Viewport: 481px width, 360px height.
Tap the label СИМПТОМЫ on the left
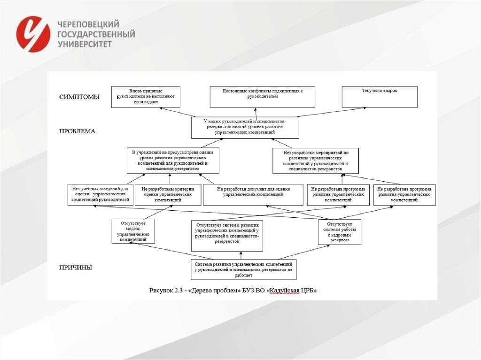click(x=79, y=97)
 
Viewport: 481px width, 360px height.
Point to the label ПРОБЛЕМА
click(x=77, y=131)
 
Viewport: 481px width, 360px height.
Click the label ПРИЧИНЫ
click(x=75, y=268)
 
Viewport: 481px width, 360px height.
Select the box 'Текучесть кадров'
click(x=379, y=97)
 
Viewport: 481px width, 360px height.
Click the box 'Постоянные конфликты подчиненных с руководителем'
click(x=263, y=97)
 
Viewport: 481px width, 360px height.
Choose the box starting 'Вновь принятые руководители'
click(x=146, y=97)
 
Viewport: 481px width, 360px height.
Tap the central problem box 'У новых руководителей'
click(x=245, y=127)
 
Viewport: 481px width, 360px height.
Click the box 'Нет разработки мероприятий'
click(x=316, y=160)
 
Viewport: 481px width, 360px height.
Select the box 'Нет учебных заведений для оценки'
click(x=100, y=194)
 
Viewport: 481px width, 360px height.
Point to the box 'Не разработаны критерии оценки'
click(x=168, y=194)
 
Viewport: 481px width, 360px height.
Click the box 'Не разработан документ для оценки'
click(x=253, y=194)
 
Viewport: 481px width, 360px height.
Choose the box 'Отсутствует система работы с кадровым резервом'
click(x=339, y=232)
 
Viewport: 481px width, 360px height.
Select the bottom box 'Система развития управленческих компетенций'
click(x=243, y=269)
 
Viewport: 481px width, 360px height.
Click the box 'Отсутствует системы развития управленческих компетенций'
click(x=227, y=235)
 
